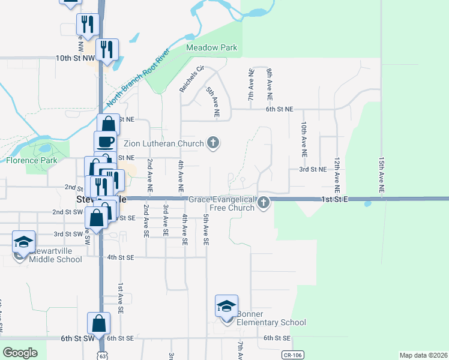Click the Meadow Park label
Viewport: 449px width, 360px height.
[x=211, y=47]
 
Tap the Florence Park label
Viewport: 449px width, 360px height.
[x=31, y=160]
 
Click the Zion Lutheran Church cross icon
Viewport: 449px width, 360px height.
[x=212, y=143]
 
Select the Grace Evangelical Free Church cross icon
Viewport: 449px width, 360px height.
[x=263, y=204]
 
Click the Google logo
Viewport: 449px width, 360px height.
[x=20, y=353]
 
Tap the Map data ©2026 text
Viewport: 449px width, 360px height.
[x=423, y=355]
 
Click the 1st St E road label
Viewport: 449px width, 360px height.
[x=334, y=199]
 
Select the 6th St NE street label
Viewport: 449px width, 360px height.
[x=280, y=109]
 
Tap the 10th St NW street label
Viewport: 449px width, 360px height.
[x=75, y=58]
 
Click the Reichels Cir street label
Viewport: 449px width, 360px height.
[x=193, y=79]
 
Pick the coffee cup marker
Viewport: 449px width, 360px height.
[x=106, y=142]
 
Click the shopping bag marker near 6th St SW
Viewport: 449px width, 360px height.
[x=98, y=324]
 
